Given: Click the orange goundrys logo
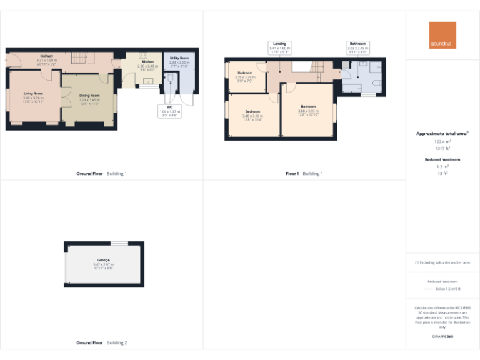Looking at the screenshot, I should coord(442,36).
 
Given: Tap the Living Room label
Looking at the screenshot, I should coord(33,96).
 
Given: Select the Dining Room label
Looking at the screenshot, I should coord(89,97).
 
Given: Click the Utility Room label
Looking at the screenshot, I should coord(179,60).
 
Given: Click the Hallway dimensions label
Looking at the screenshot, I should coord(47,61).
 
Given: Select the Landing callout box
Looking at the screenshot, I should coord(279,46).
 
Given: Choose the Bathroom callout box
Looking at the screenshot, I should coord(358,46).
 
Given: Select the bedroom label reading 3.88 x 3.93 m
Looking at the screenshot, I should coord(308,109).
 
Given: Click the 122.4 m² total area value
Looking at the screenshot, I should coord(442,142).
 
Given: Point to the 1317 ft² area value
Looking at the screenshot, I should coord(442,148).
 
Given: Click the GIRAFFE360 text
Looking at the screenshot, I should coord(442,337).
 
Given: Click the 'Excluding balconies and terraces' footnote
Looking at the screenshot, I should coord(442,262).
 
